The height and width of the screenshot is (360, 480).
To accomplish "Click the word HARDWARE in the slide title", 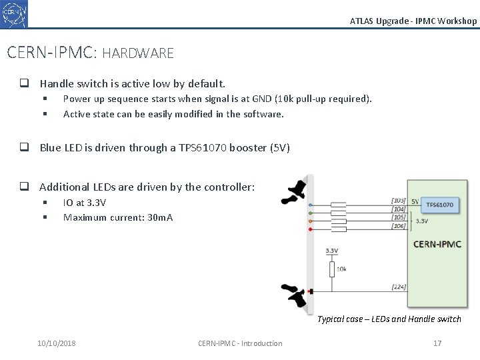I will coord(138,53).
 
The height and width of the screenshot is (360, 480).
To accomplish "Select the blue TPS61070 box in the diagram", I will coord(439,205).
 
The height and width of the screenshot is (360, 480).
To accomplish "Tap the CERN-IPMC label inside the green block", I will coord(437,244).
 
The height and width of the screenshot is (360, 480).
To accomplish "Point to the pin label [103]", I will coord(399,201).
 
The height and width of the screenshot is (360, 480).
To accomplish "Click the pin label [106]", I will coord(399,227).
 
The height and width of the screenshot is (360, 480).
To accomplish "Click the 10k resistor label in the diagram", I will coord(341,270).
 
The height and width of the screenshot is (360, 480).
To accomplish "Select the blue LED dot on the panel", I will coord(309,204).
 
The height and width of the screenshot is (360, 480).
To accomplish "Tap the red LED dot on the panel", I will coord(309,229).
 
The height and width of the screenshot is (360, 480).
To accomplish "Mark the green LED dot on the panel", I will coord(309,212).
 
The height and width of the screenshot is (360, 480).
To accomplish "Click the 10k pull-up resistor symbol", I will coord(331,269).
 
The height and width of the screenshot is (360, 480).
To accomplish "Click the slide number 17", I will coord(437,343).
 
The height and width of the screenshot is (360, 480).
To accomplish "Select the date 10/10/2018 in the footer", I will coord(57,343).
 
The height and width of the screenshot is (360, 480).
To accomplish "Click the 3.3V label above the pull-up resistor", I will coord(331,251).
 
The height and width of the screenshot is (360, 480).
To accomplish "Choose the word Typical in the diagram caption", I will coord(331,319).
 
